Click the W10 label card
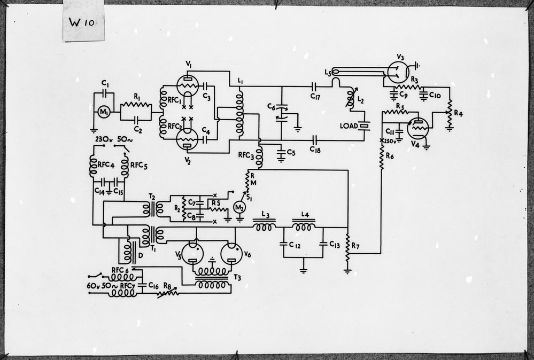83,22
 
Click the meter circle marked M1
103,112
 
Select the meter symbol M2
240,207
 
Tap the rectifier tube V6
230,254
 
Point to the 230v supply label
104,140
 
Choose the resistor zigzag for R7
347,249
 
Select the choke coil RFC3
260,155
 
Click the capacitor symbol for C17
314,85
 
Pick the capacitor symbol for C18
314,140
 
